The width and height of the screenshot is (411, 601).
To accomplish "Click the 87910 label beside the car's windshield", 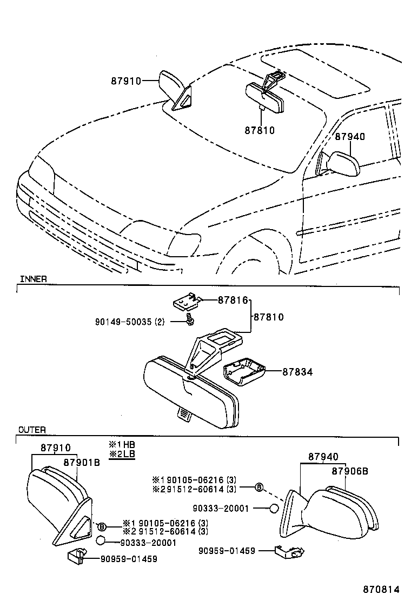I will click(126, 81).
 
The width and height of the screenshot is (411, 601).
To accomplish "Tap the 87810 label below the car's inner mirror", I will click(260, 130).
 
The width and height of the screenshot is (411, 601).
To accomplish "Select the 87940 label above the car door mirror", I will click(349, 137).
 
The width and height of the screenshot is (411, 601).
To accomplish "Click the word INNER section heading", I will click(34, 279).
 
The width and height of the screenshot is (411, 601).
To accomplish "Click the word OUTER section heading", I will click(32, 430).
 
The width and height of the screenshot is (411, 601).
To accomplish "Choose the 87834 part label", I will click(297, 372).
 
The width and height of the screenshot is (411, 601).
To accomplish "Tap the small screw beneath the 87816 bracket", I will click(189, 320).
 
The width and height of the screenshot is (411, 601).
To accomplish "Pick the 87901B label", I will click(82, 462).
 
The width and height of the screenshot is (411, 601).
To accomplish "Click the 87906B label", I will click(350, 471).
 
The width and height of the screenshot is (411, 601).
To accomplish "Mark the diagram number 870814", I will click(384, 589).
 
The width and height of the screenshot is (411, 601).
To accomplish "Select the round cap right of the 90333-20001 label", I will click(274, 508).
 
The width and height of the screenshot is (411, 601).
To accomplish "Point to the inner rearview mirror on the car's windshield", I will click(267, 97).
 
